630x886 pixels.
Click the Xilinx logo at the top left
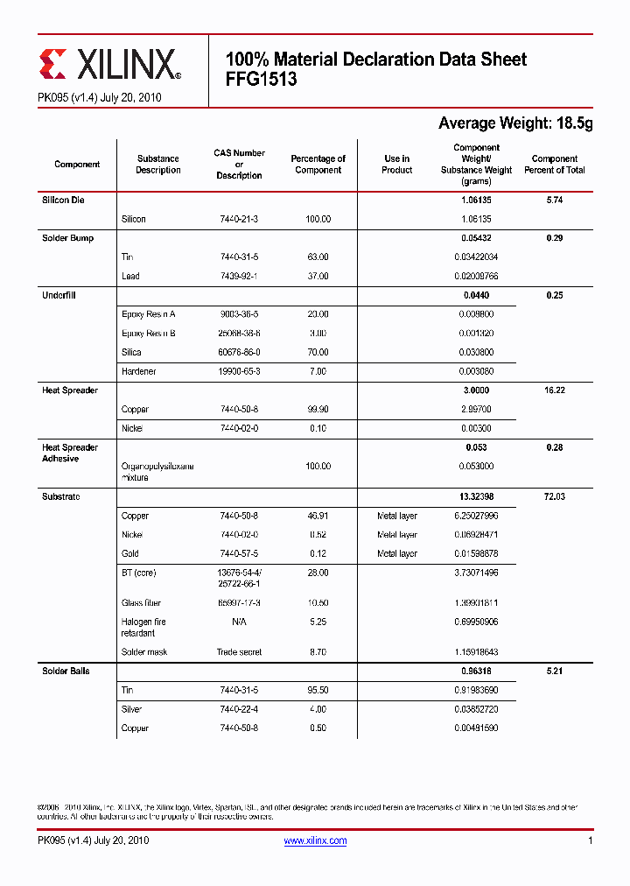click(109, 63)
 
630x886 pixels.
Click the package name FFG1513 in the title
click(262, 80)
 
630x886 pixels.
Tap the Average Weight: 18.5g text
click(514, 123)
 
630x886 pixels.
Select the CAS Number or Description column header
click(239, 165)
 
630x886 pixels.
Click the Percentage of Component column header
click(318, 165)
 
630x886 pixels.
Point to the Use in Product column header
click(396, 165)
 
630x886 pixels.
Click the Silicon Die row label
click(64, 200)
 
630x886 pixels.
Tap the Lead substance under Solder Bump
click(130, 276)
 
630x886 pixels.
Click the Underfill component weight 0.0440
click(476, 295)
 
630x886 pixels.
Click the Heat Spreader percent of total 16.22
click(554, 390)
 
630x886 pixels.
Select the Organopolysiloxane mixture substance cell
click(157, 472)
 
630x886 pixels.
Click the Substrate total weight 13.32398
click(476, 496)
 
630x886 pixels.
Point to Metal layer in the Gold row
click(396, 553)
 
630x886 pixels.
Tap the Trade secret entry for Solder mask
click(239, 652)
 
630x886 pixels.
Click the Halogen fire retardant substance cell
click(143, 627)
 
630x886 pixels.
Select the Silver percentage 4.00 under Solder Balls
click(318, 709)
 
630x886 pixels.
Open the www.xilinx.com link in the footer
click(315, 840)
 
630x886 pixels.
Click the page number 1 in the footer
click(591, 840)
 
